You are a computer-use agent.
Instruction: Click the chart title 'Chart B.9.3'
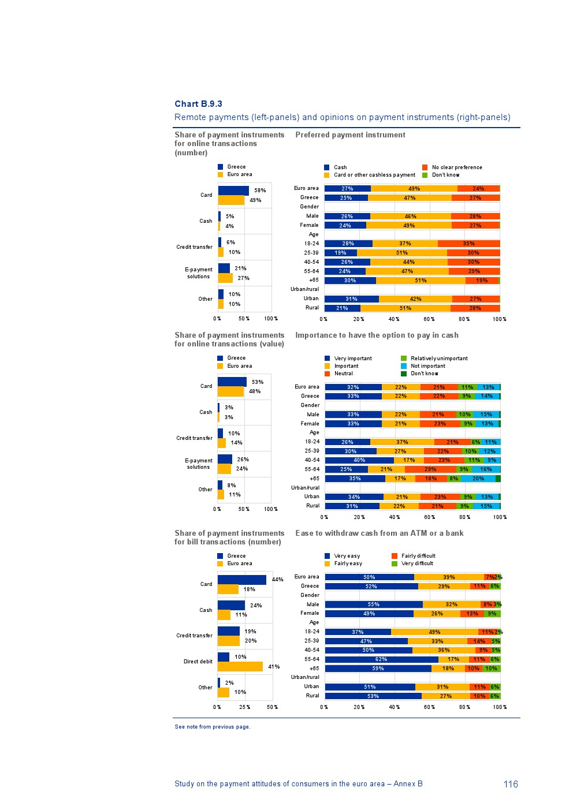[x=198, y=104]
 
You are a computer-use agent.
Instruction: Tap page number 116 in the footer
[x=511, y=784]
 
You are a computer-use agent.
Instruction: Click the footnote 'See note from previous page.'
[x=212, y=727]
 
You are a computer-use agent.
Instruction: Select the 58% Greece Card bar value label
[x=260, y=191]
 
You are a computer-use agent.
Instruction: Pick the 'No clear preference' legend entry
[x=456, y=167]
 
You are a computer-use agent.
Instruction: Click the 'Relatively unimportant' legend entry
[x=438, y=359]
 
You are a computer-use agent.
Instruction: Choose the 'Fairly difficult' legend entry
[x=418, y=556]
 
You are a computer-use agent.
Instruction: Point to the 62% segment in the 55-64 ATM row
[x=381, y=659]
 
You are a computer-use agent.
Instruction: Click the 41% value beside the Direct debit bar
[x=274, y=667]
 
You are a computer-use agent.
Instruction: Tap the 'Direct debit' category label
[x=198, y=662]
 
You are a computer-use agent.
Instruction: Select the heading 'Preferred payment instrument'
[x=350, y=135]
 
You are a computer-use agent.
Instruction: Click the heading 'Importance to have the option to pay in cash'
[x=377, y=335]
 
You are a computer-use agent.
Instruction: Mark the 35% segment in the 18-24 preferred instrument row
[x=468, y=244]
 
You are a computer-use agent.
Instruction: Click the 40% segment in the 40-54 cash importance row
[x=359, y=460]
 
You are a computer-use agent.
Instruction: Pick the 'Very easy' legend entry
[x=347, y=556]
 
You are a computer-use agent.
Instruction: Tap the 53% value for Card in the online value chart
[x=258, y=382]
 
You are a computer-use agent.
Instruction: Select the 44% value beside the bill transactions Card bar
[x=277, y=580]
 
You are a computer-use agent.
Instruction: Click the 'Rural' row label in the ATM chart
[x=312, y=696]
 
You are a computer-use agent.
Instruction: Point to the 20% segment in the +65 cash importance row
[x=478, y=479]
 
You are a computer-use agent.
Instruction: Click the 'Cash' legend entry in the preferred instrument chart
[x=340, y=167]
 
